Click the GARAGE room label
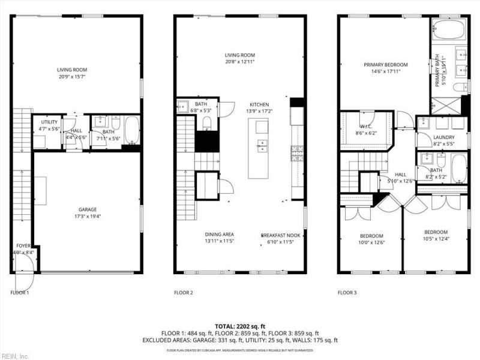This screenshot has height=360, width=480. tap(87, 209)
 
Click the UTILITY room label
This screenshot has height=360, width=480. tap(49, 122)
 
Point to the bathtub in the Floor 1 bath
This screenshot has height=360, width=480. tap(131, 130)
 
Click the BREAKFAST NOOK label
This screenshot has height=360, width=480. tap(280, 235)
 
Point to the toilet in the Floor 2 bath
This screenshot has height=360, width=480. tap(207, 123)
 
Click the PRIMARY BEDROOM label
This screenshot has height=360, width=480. tap(385, 65)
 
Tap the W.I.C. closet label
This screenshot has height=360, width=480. tap(366, 127)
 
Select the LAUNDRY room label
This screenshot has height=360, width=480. tap(444, 137)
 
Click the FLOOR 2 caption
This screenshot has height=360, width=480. tap(183, 293)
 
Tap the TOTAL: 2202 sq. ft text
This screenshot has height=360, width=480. tap(240, 326)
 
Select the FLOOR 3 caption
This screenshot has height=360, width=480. tap(347, 293)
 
